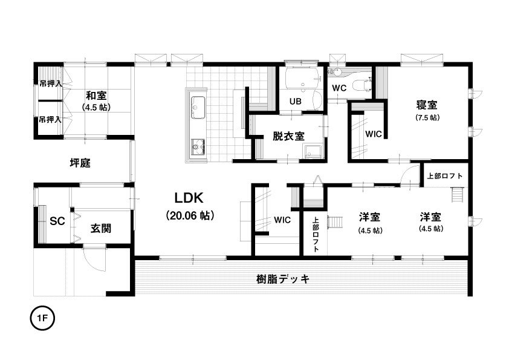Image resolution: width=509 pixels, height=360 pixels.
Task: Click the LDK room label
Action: coord(189,197)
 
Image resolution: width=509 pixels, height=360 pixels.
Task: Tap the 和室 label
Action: coord(96,96)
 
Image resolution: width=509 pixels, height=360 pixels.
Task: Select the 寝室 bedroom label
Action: coord(427,105)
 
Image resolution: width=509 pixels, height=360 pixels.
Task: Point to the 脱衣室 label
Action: coord(288,136)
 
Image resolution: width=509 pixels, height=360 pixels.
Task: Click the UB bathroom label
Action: coord(296,102)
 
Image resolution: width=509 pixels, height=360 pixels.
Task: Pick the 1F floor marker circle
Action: coord(42,318)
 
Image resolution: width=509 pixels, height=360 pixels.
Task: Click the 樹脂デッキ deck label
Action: coord(283,279)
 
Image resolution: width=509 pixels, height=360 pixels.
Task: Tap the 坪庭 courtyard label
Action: coord(80,163)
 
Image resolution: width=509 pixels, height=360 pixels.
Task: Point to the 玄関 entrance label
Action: coord(100,229)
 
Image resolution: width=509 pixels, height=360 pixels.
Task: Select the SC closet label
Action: coord(57,221)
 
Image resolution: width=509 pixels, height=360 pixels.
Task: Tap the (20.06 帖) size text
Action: coord(190,215)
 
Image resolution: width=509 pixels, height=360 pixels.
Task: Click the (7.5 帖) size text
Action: coord(427,117)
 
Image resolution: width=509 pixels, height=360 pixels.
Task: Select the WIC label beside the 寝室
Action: coord(374,134)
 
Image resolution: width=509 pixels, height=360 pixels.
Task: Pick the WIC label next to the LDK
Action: coord(282,220)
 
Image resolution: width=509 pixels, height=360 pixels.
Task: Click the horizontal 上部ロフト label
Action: coord(445,176)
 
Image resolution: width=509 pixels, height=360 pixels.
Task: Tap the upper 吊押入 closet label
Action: coord(50,84)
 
